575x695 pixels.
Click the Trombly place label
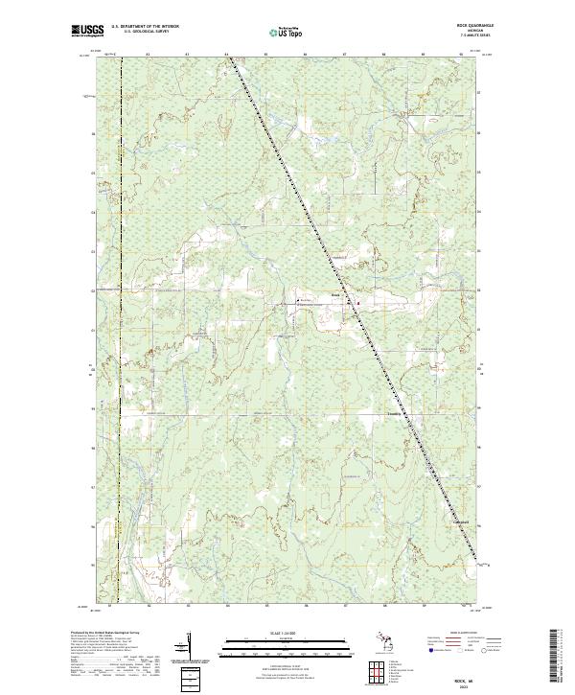pyautogui.click(x=393, y=415)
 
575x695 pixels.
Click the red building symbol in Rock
pyautogui.click(x=358, y=303)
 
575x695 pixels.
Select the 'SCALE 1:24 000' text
pyautogui.click(x=287, y=633)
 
